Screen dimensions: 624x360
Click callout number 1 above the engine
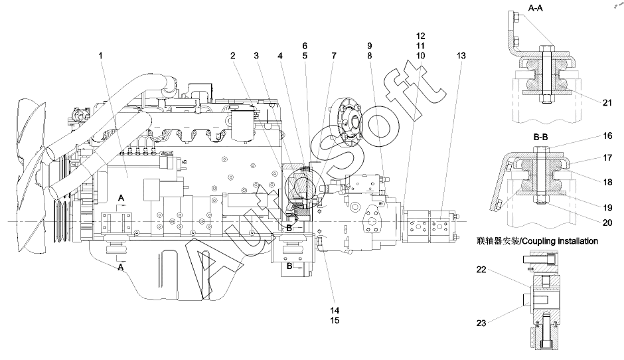point(100,55)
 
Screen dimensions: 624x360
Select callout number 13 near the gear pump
point(461,55)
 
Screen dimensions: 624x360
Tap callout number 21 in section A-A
point(607,103)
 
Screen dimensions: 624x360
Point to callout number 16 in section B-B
point(607,135)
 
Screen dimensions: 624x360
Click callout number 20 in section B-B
point(607,223)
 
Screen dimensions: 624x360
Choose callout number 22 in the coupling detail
point(481,270)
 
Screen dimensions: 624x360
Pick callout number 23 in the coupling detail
point(481,323)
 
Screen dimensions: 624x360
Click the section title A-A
point(535,7)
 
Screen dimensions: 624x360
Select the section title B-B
point(540,137)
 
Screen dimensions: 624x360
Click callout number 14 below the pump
point(335,310)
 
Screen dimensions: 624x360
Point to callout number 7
point(333,55)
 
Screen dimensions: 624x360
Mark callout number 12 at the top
point(421,36)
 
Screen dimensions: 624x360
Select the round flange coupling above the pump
point(347,119)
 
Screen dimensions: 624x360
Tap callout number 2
point(233,55)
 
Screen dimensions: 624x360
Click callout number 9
point(369,46)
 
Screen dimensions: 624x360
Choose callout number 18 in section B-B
point(607,182)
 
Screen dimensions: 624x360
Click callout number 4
point(280,55)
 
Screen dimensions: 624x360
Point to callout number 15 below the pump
point(335,320)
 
